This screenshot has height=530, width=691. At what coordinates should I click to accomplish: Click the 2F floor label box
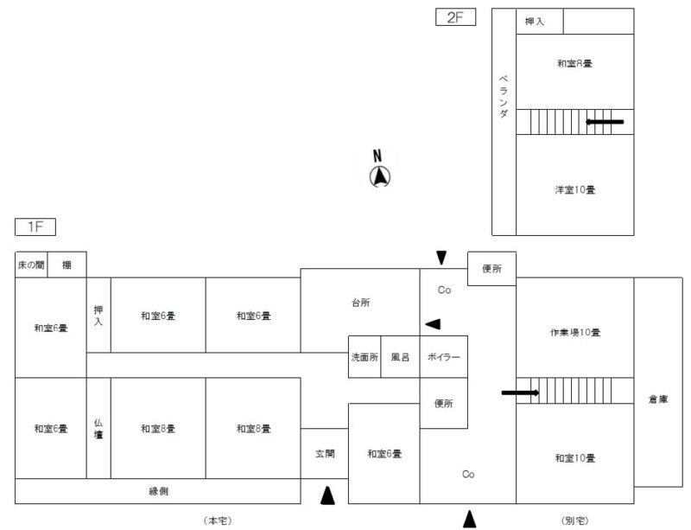coord(455,18)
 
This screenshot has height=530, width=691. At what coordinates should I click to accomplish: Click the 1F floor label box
coord(35,227)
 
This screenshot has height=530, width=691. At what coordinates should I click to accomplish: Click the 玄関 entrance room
coord(324,453)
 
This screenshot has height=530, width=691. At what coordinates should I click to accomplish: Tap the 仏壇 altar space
coord(98,428)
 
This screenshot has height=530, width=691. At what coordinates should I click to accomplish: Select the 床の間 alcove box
coord(31,265)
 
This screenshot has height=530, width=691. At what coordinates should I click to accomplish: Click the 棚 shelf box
coord(67,265)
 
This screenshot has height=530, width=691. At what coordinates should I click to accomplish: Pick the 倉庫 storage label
coord(658,399)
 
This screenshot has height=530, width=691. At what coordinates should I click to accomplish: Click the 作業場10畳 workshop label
coord(574,332)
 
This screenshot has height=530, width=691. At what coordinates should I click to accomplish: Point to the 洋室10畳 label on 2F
coord(574,189)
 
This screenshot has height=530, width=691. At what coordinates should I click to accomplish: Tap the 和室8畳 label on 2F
coord(574,63)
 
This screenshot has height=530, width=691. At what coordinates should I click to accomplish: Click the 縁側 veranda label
coord(158,491)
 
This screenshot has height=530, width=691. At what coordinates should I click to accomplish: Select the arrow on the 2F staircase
coord(605,122)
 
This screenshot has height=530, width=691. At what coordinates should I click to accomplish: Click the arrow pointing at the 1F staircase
coord(520,393)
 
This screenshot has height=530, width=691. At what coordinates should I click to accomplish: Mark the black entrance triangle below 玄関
coord(326,495)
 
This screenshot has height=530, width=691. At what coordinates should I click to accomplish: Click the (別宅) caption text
coord(574,520)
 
